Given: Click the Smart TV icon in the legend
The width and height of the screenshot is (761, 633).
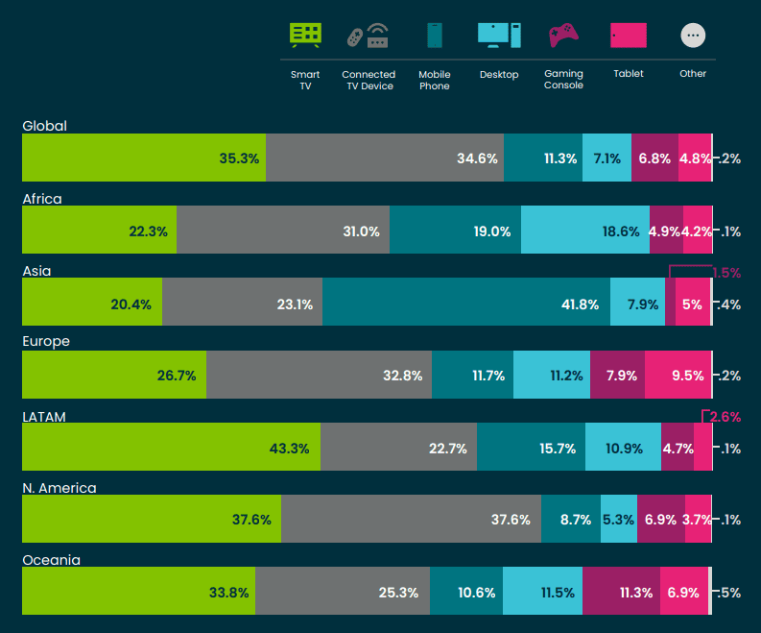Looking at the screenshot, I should point(305,36).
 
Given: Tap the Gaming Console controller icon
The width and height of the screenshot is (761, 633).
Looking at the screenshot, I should point(562,36).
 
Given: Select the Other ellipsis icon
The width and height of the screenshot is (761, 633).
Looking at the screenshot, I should point(693,36).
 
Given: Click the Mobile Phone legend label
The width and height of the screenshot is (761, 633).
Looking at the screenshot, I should point(434,81).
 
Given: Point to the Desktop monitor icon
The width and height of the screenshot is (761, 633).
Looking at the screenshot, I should point(499,35).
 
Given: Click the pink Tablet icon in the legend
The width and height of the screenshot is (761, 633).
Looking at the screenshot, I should point(629,36).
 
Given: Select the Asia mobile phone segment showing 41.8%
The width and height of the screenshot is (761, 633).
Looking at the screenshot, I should point(465,303).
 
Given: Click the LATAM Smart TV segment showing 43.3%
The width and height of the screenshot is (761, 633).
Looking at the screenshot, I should point(171,447).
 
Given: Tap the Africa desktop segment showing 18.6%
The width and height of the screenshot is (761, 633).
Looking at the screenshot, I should point(584,230).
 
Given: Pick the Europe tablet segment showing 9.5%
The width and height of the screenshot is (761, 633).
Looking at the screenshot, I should point(678,375).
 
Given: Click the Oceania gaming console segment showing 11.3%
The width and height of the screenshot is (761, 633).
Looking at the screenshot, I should point(620,591).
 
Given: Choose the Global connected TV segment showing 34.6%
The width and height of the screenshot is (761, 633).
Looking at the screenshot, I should point(384,158).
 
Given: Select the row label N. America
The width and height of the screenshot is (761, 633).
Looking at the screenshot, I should point(59,488).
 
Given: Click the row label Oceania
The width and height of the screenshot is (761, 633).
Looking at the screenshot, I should point(51,560).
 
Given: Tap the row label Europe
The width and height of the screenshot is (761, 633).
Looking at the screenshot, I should point(46,342).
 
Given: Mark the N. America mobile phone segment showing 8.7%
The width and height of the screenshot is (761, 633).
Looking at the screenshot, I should point(570,519).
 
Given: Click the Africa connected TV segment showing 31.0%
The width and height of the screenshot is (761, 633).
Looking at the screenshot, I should point(283,230).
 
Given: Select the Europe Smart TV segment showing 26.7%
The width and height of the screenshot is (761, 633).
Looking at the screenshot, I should point(113,375).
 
